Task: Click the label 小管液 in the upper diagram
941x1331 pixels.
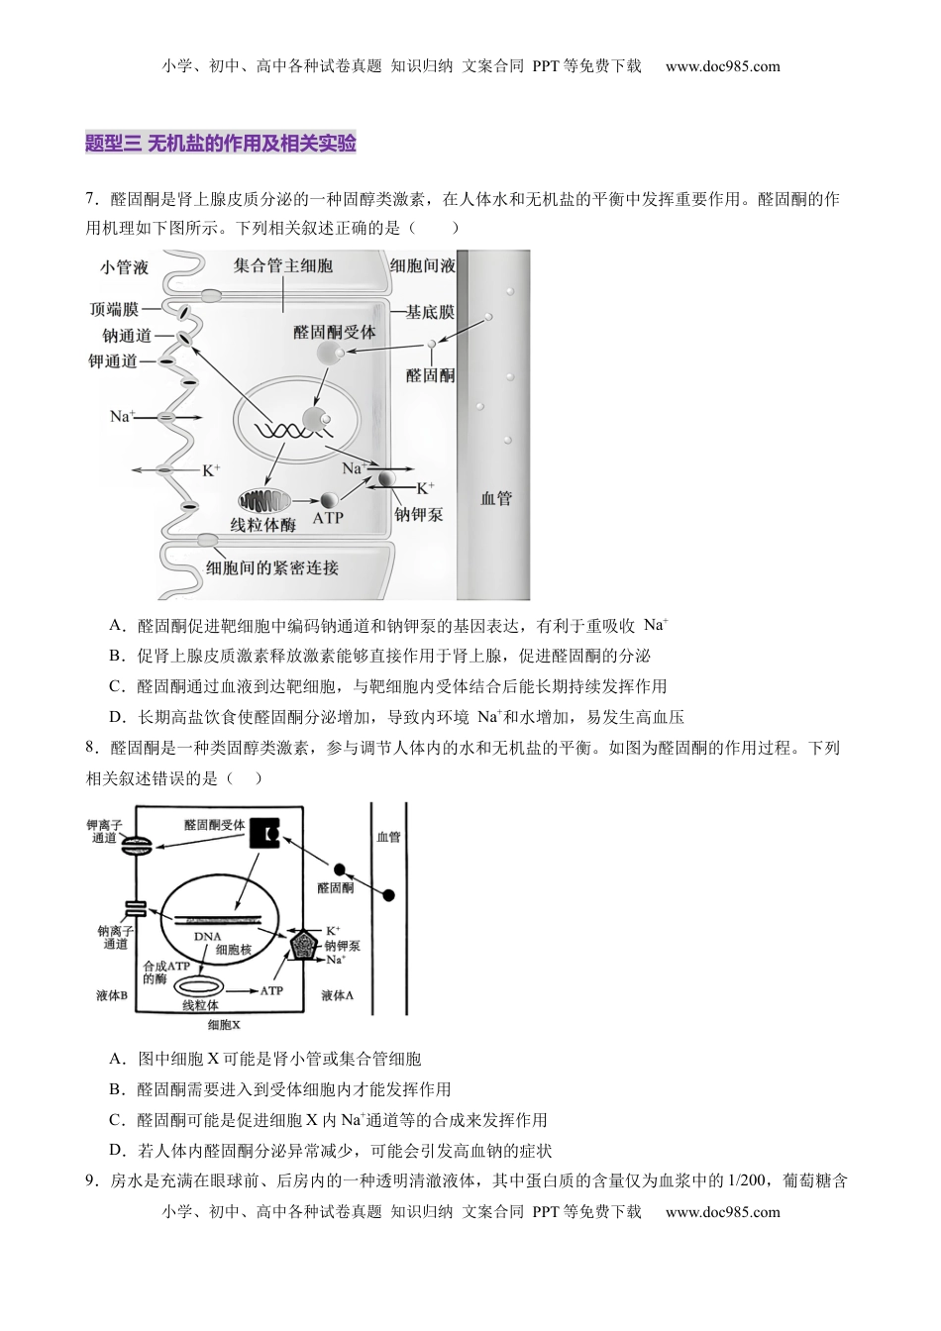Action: pos(124,267)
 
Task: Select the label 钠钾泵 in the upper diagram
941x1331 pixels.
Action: pos(419,515)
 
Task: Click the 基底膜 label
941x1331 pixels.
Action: pos(431,312)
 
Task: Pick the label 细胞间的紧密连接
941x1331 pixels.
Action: pos(272,567)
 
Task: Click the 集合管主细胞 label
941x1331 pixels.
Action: pos(283,265)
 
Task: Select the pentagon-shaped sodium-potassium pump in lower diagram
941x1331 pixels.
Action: pos(301,947)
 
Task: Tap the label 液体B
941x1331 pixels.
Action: pos(112,995)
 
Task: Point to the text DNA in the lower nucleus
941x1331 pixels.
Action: pos(208,936)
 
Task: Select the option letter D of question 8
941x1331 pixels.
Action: pos(117,1151)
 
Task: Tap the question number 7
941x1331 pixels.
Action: pos(91,199)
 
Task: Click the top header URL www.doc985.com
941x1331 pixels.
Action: pos(723,67)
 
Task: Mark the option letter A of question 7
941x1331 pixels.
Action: pos(117,626)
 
